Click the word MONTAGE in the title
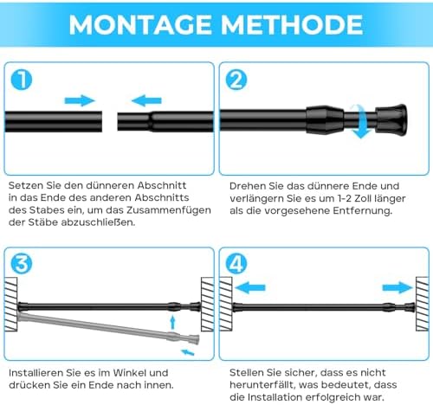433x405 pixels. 140,24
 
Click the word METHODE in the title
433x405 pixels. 292,24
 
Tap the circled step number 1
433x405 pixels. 22,80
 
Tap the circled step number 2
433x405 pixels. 236,80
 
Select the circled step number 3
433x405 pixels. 22,264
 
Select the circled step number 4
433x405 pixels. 236,264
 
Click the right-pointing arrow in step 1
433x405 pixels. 80,100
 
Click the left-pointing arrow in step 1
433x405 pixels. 146,100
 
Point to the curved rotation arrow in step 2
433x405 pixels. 362,121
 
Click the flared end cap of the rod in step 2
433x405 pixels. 391,120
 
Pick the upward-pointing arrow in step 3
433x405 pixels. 172,323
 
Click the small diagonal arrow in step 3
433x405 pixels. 188,352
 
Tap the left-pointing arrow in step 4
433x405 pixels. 250,287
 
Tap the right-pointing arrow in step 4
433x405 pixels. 397,287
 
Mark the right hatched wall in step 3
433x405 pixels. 207,305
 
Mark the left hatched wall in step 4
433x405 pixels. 226,305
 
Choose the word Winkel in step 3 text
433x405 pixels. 132,373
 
